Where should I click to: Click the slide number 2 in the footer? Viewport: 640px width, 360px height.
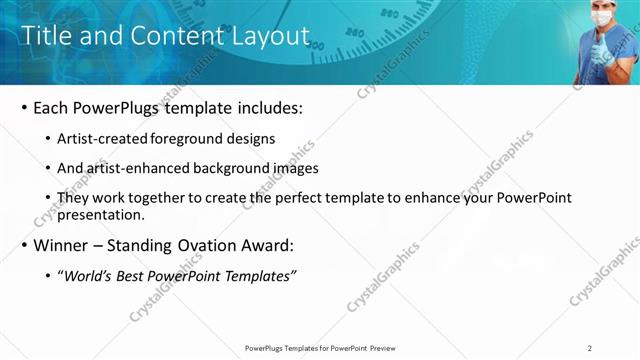590,347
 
